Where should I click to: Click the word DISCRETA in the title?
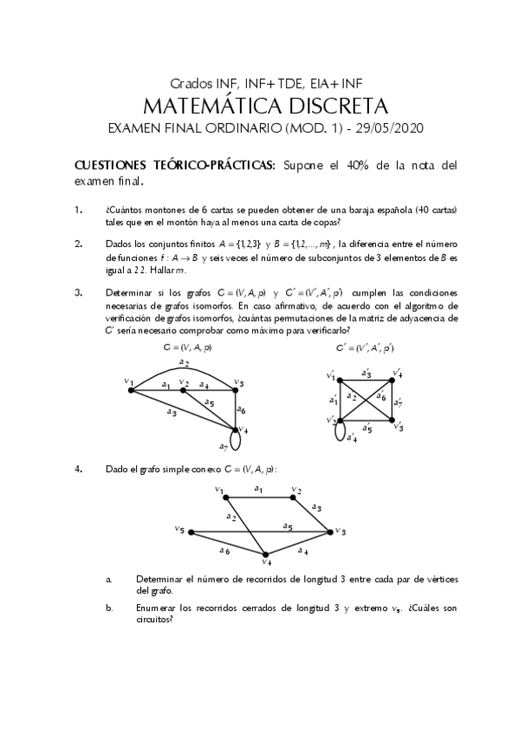tap(326, 106)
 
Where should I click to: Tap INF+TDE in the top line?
tap(269, 84)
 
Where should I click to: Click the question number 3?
tap(78, 292)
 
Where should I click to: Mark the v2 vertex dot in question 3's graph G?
tap(184, 390)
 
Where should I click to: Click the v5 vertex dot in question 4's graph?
tap(190, 531)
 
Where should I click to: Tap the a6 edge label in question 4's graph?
tap(224, 550)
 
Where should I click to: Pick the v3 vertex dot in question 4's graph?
tap(330, 531)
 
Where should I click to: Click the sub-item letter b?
tap(109, 608)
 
